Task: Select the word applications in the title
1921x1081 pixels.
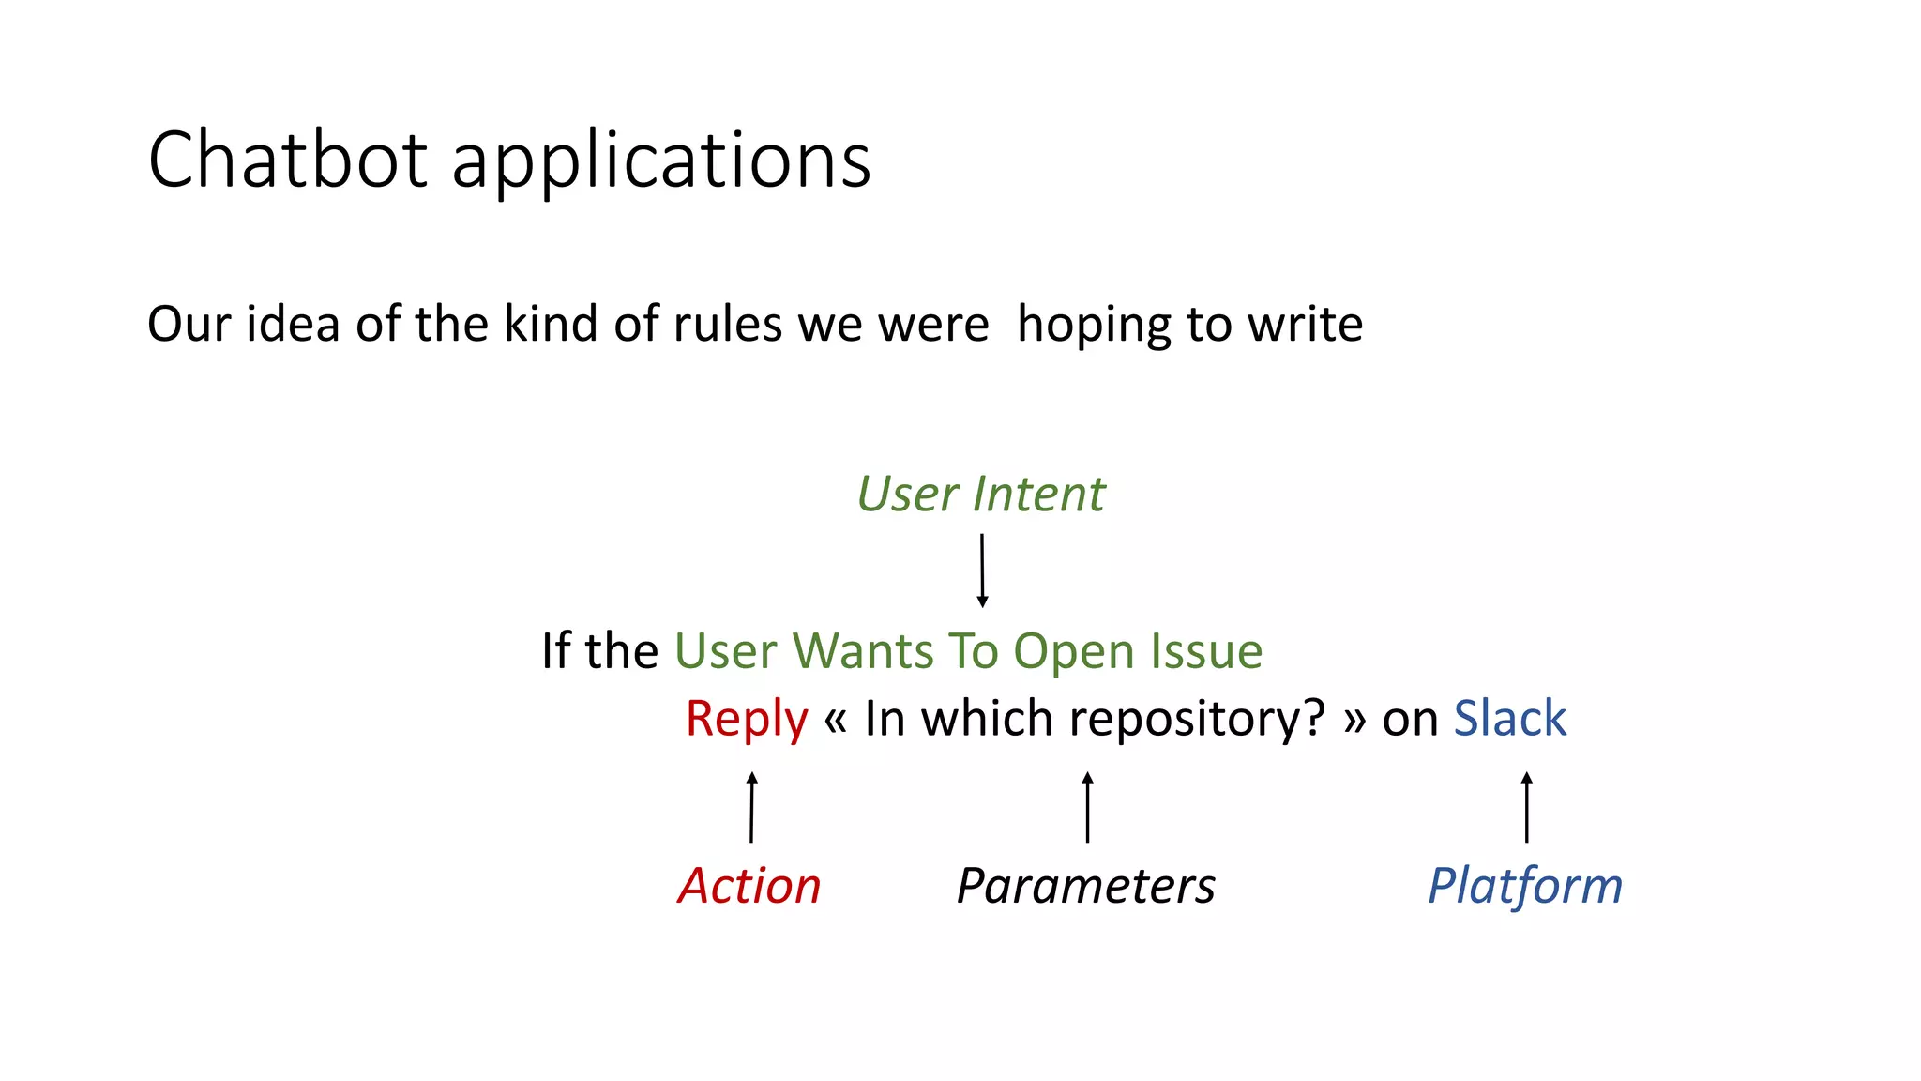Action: pyautogui.click(x=661, y=161)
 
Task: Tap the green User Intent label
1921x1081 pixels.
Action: pyautogui.click(x=980, y=494)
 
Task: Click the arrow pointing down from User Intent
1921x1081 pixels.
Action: pyautogui.click(x=982, y=570)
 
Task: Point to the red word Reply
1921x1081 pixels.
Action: pyautogui.click(x=746, y=719)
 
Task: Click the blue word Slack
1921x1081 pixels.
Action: pyautogui.click(x=1509, y=719)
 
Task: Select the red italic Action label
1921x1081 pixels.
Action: pyautogui.click(x=749, y=885)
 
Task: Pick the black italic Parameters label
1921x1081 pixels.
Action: pyautogui.click(x=1085, y=885)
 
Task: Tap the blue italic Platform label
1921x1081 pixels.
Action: pyautogui.click(x=1525, y=885)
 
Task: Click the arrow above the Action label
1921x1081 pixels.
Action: pyautogui.click(x=751, y=807)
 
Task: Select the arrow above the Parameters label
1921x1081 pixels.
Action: pyautogui.click(x=1087, y=807)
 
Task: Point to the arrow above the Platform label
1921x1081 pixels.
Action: pyautogui.click(x=1526, y=807)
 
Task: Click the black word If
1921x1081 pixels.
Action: pyautogui.click(x=555, y=650)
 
